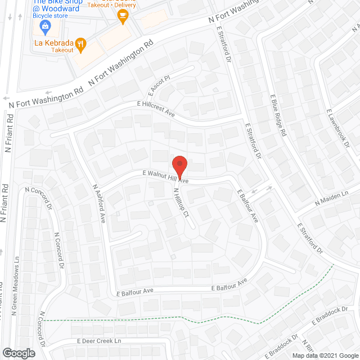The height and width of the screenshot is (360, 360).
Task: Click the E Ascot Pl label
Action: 159,85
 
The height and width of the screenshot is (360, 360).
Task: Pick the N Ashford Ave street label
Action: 99,202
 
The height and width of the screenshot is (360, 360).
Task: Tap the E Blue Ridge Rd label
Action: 278,115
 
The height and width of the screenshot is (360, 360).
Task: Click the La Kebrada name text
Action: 53,42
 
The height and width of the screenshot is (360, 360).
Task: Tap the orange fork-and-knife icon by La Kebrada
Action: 81,43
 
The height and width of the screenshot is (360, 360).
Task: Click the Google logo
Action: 18,353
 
